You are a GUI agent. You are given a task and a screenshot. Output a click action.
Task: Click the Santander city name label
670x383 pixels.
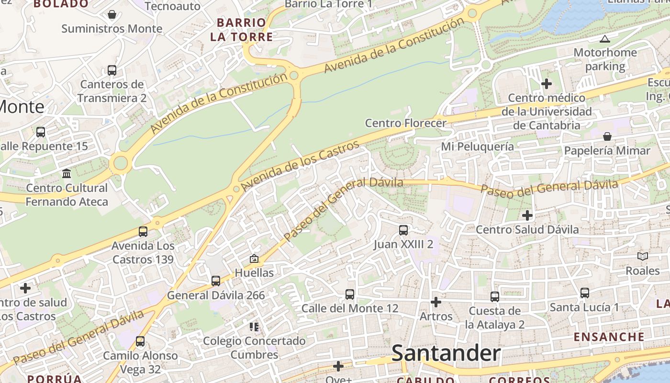click(446, 354)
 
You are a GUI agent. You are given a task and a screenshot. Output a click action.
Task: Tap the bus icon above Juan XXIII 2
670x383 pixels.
click(403, 230)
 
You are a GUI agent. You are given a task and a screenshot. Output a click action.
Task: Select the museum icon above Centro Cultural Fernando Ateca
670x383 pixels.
click(67, 173)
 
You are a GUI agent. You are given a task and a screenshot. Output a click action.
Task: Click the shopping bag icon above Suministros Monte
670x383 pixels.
click(112, 14)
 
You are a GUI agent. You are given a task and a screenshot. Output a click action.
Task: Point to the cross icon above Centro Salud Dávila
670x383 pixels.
click(527, 215)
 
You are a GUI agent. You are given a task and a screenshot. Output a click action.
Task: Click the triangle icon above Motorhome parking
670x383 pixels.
click(605, 39)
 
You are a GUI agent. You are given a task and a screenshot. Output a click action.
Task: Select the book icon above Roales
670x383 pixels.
click(643, 257)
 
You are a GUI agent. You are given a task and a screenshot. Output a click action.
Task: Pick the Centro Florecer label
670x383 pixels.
click(405, 123)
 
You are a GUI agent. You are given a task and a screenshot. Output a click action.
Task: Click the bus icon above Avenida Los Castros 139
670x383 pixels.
click(143, 232)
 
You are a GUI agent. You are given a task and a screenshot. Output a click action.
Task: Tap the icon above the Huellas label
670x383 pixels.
click(254, 259)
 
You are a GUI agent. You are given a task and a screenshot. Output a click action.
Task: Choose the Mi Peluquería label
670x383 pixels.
click(477, 146)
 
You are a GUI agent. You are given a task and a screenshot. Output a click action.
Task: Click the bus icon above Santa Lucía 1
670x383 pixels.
click(584, 293)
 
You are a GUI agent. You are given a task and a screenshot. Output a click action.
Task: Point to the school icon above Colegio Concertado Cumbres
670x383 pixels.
click(254, 327)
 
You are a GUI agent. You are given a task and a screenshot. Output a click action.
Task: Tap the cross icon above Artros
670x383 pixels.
click(436, 302)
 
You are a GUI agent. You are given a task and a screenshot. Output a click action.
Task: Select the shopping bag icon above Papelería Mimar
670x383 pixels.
click(607, 136)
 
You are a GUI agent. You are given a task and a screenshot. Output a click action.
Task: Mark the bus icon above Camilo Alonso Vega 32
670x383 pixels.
click(140, 341)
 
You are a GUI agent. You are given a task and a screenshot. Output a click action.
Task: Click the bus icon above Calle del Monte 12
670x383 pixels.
click(350, 294)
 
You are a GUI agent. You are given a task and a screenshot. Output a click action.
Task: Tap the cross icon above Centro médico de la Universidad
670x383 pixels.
click(547, 84)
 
